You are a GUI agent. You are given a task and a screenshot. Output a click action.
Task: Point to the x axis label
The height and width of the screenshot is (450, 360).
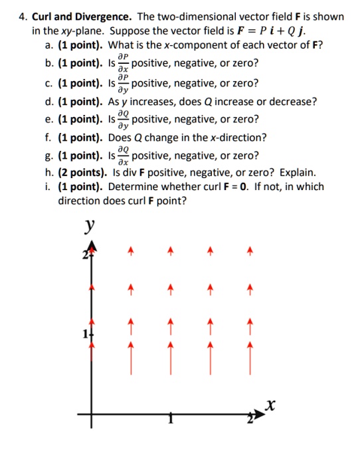click(x=269, y=404)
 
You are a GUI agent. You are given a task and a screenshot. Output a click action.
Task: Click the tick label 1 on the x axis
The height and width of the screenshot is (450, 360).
click(x=171, y=419)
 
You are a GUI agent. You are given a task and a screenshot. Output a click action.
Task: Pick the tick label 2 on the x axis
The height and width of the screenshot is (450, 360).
click(x=250, y=419)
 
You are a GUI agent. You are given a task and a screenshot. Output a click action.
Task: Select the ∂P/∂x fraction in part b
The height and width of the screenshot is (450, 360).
click(x=121, y=63)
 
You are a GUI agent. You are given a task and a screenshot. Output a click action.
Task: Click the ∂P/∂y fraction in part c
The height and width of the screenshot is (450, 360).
click(x=121, y=83)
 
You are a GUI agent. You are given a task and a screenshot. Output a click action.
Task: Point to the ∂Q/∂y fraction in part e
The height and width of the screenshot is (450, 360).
click(x=121, y=120)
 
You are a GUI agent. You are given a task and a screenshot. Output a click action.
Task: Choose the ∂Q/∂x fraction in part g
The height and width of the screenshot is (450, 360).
click(x=121, y=156)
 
